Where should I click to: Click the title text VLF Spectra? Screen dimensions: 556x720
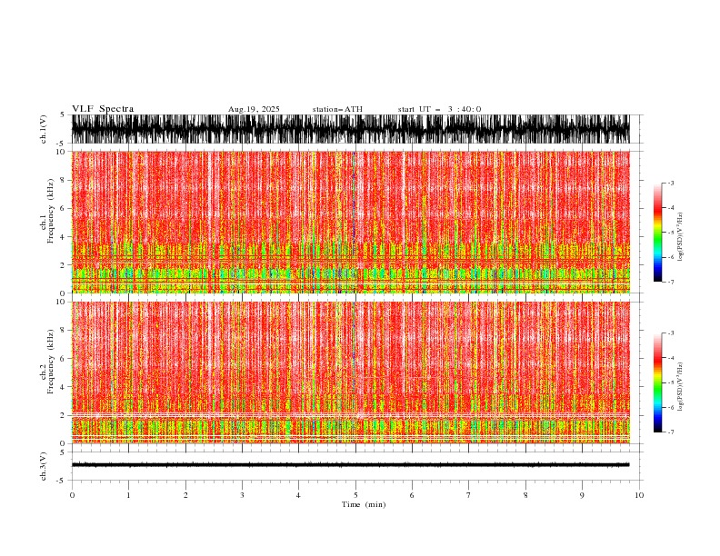coord(103,109)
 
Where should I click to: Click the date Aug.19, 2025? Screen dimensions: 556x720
coord(254,109)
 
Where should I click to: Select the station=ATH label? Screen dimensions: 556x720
coord(337,109)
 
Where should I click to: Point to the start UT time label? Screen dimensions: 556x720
coord(440,109)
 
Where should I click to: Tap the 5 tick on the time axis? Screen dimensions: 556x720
coord(355,495)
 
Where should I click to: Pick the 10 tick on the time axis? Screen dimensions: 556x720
coord(639,495)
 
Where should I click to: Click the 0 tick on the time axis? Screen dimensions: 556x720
coord(72,495)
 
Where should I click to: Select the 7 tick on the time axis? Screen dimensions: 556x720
coord(469,495)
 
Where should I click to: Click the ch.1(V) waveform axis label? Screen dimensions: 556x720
coord(44,129)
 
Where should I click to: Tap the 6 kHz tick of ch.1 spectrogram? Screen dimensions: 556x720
coord(64,208)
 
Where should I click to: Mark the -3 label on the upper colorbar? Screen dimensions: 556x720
coord(670,184)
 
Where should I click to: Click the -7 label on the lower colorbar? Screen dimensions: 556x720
coord(670,432)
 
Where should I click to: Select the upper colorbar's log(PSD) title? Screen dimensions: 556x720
coord(681,233)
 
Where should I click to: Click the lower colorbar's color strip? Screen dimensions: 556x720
coord(657,382)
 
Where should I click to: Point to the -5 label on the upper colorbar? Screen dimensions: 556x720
coord(670,233)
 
